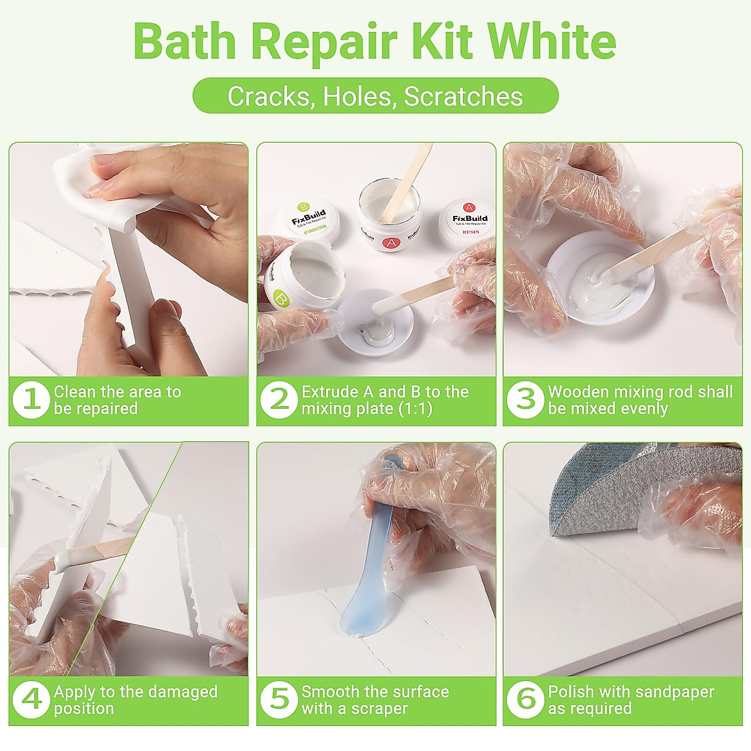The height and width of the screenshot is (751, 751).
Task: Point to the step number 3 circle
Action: coord(525,400)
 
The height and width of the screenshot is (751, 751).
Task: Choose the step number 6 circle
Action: coord(525,700)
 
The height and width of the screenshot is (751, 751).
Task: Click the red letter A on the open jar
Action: coord(391,242)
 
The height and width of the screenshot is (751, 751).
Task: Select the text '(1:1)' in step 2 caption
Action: coord(410,409)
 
